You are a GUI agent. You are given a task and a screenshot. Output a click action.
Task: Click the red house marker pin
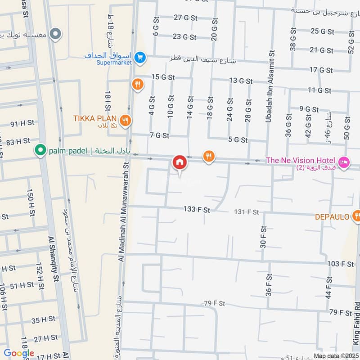click(x=179, y=162)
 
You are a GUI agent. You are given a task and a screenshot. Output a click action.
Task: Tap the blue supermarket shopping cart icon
click(x=139, y=57)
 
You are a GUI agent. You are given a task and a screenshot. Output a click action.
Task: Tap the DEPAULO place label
click(x=332, y=217)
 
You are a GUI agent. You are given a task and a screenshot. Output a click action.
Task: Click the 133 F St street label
click(x=197, y=210)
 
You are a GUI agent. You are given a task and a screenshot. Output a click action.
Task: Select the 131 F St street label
click(x=247, y=212)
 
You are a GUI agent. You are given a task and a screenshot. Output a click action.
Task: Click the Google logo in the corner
click(x=19, y=353)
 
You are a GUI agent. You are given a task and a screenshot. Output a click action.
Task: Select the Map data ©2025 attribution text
click(x=336, y=356)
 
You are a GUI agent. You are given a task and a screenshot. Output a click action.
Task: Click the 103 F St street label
click(x=341, y=264)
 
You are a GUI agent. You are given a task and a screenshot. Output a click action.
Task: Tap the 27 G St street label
click(x=186, y=18)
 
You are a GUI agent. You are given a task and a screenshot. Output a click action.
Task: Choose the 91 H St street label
click(x=20, y=124)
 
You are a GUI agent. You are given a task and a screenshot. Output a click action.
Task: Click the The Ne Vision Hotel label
click(x=301, y=161)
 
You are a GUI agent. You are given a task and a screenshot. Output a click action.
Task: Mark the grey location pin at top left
click(x=55, y=33)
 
